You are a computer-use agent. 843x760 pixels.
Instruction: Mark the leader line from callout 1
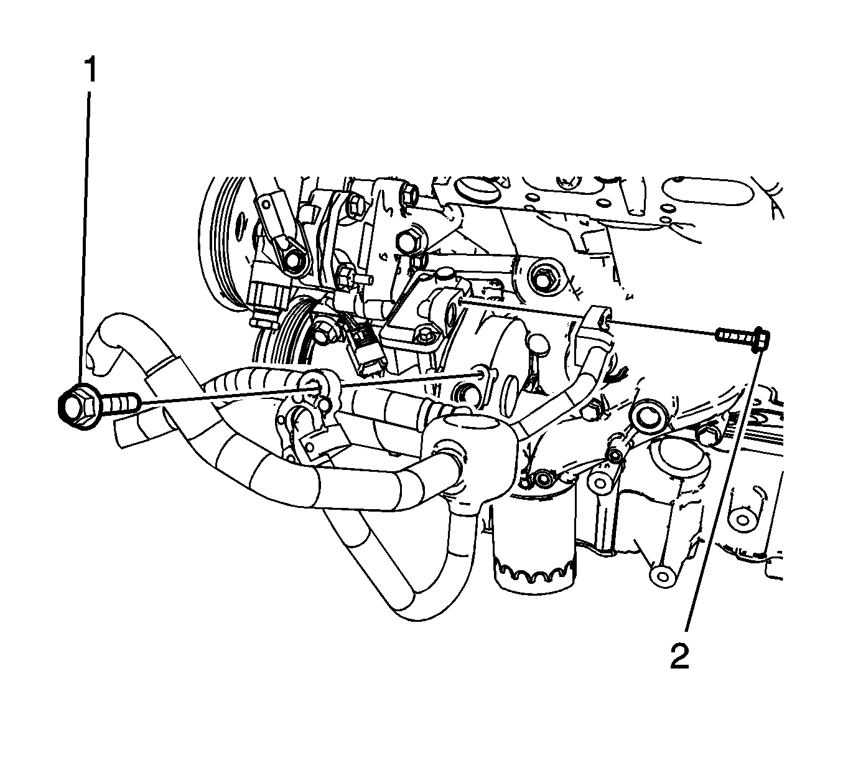click(84, 239)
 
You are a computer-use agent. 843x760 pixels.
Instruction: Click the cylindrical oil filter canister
click(534, 542)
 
